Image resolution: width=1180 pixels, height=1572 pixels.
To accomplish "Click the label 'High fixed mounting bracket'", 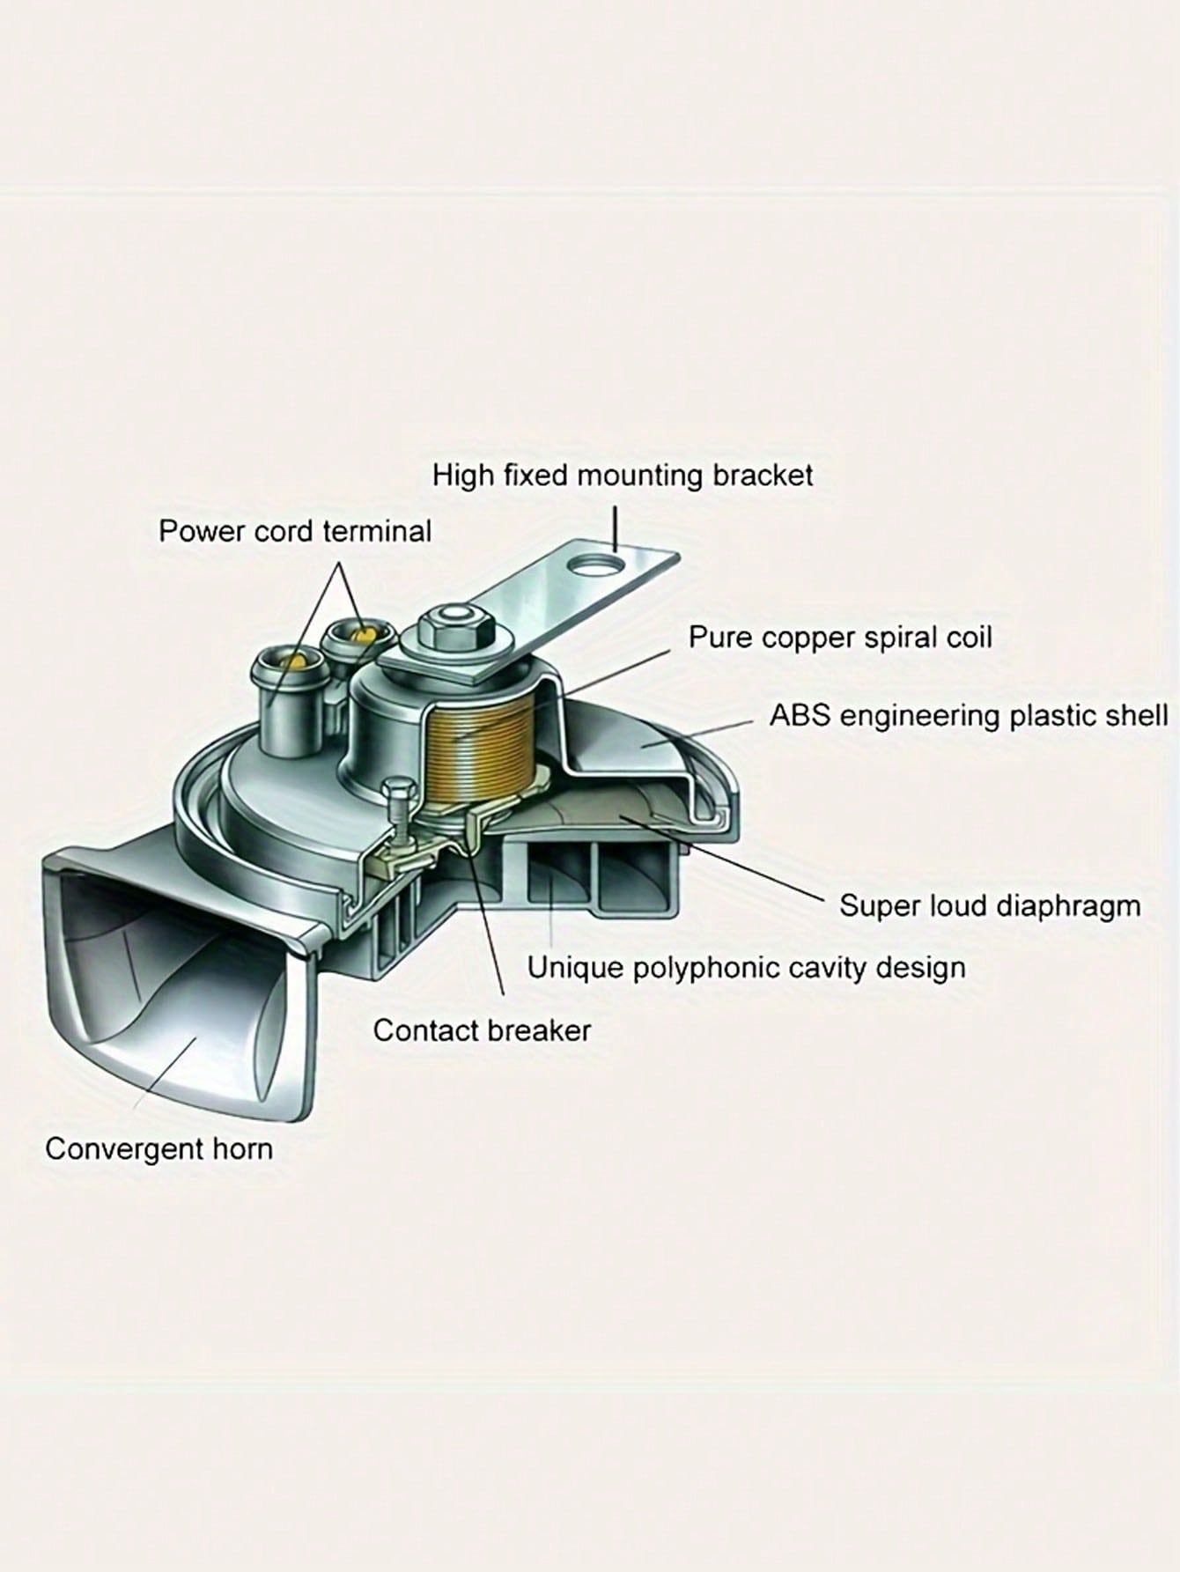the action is tap(623, 476).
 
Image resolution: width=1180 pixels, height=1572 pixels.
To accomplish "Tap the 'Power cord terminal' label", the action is tap(295, 532).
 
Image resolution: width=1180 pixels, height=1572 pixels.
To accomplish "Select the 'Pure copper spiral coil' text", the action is tap(840, 638).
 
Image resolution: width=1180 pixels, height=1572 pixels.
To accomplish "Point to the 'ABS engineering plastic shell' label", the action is tap(969, 715).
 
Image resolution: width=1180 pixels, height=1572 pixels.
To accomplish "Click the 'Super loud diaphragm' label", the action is tap(990, 905).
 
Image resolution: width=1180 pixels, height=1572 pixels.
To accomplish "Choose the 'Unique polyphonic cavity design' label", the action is tap(747, 968).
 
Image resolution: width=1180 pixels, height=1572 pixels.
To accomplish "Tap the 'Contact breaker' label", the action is tap(482, 1030).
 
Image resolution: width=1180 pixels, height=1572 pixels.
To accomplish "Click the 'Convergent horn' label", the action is tap(159, 1149).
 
